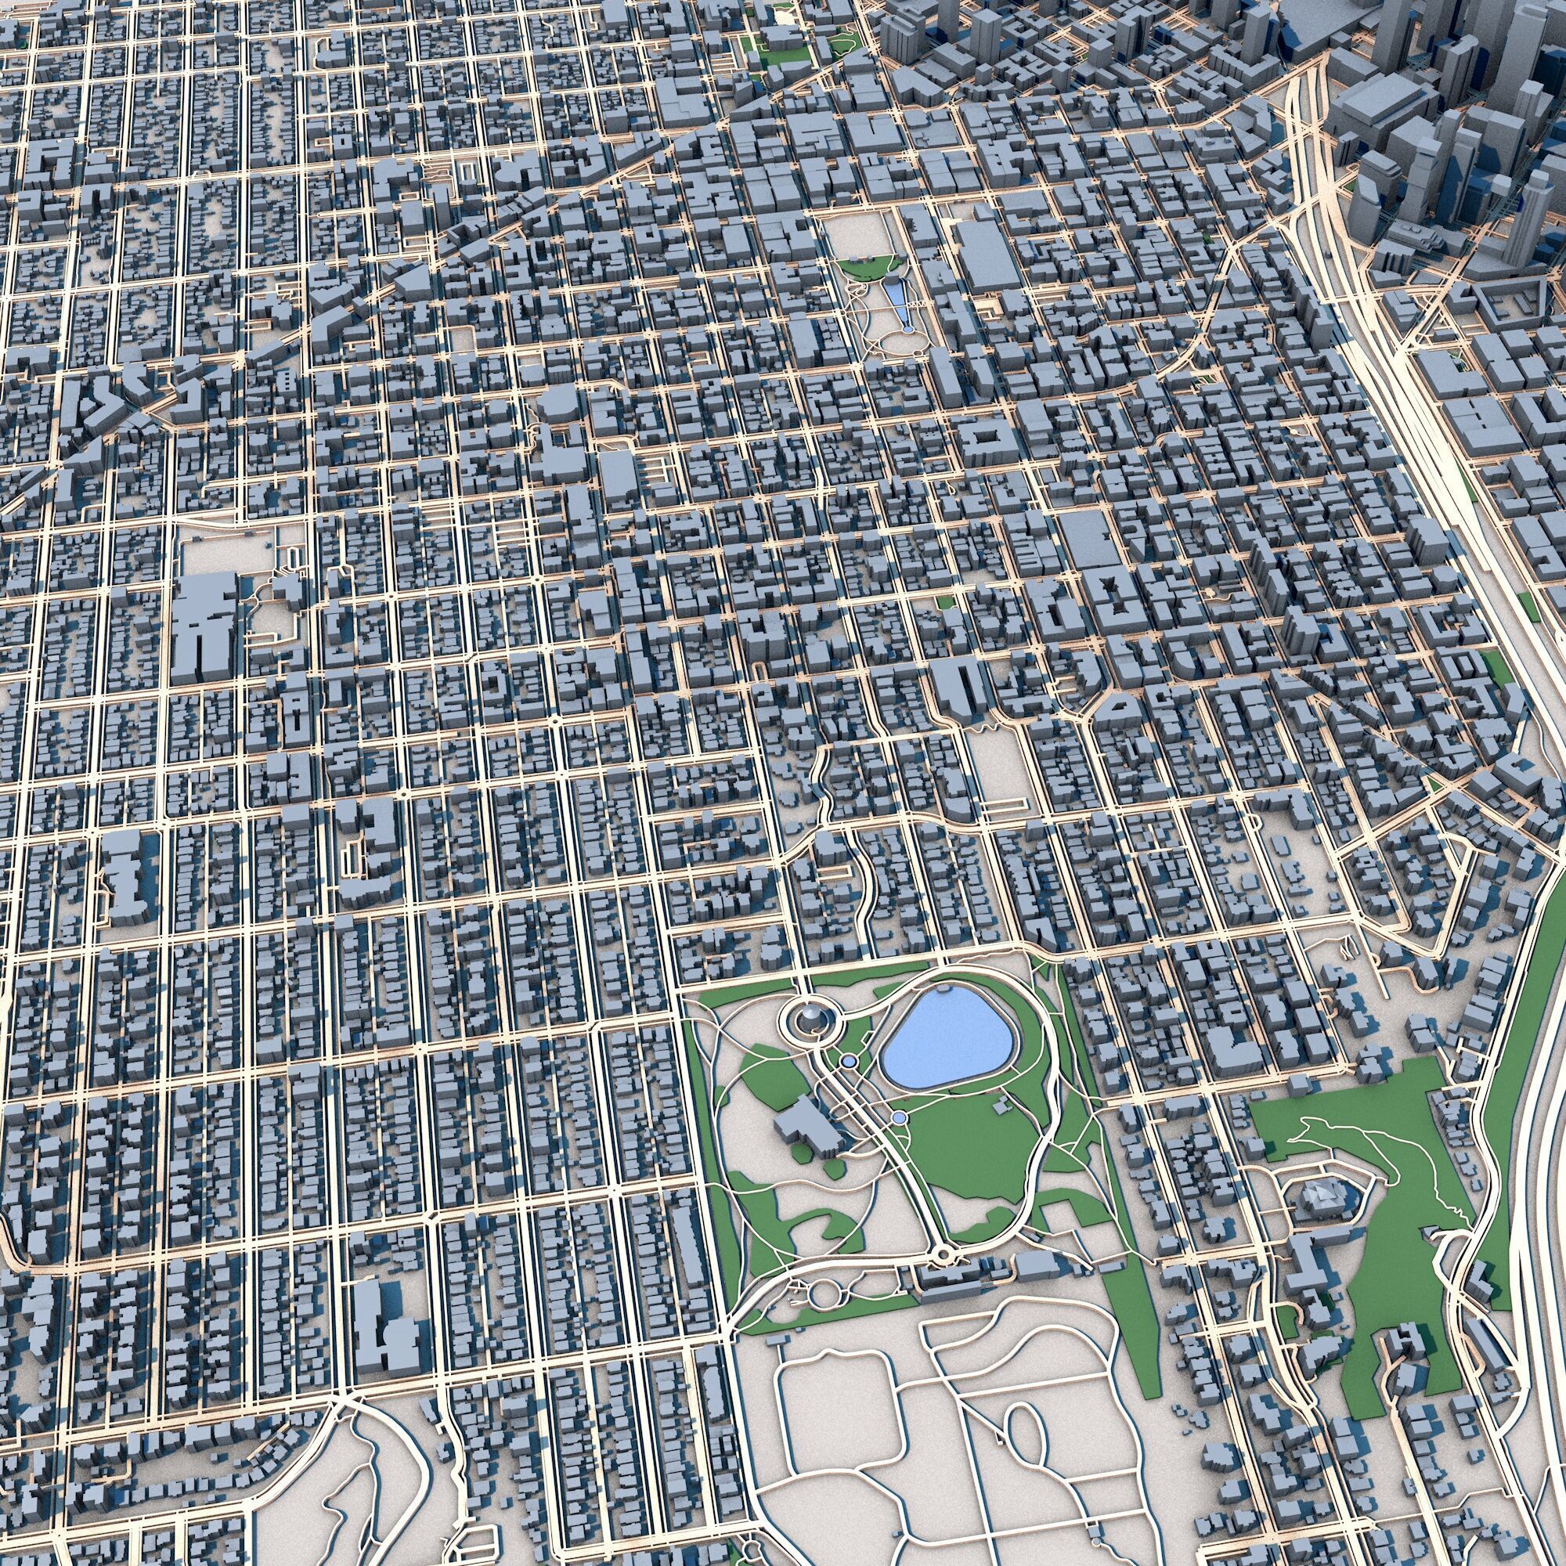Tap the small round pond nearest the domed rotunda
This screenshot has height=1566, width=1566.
pos(849,1060)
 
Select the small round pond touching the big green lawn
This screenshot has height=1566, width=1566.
pos(898,1119)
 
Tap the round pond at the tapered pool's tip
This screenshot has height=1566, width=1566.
pos(907,330)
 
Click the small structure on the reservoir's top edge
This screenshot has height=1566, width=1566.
pos(943,990)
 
